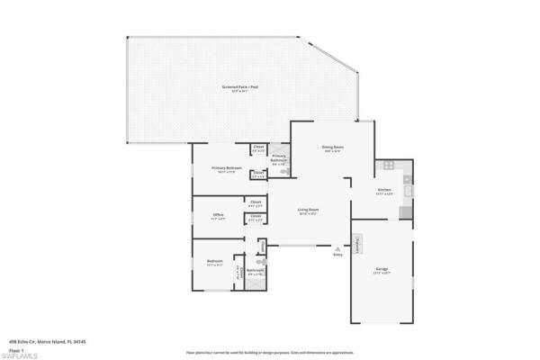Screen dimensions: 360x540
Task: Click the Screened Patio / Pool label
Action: pyautogui.click(x=240, y=87)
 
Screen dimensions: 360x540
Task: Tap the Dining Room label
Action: pyautogui.click(x=332, y=148)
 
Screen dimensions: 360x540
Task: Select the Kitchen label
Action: pyautogui.click(x=384, y=191)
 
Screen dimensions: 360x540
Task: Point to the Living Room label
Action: pyautogui.click(x=310, y=211)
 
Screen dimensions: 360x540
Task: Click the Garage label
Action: pyautogui.click(x=382, y=269)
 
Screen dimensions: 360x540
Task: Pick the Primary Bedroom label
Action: pyautogui.click(x=227, y=168)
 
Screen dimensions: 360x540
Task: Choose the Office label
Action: pyautogui.click(x=218, y=215)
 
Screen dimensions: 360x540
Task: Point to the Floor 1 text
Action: pyautogui.click(x=16, y=347)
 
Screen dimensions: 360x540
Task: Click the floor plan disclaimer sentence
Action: pyautogui.click(x=270, y=351)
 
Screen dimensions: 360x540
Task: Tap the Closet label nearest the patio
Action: pyautogui.click(x=257, y=148)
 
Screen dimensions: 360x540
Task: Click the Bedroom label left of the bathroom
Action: pyautogui.click(x=214, y=263)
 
